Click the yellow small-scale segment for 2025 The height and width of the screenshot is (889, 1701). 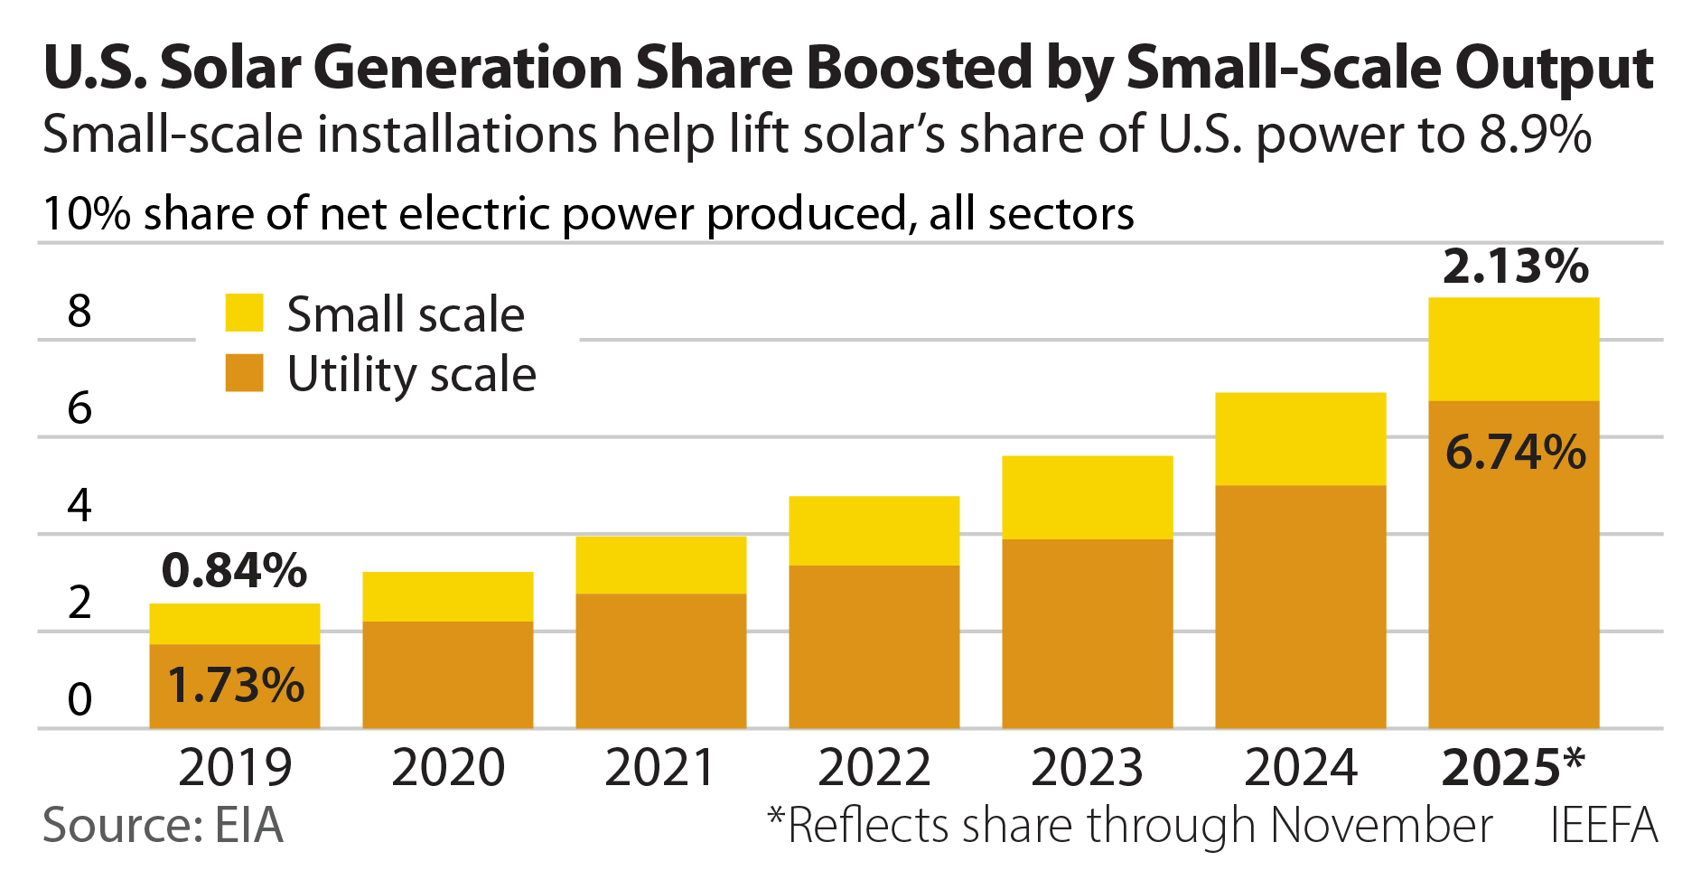(1513, 349)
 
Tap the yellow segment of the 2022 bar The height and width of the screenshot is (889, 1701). (874, 530)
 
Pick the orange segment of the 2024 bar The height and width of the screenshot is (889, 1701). (1300, 606)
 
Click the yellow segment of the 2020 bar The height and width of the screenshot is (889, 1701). (447, 596)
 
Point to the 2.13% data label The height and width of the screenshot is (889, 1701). (1515, 267)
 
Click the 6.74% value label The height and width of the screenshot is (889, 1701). (1515, 452)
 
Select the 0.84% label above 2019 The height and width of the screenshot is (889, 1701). (234, 570)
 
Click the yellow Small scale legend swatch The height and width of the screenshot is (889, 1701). (244, 313)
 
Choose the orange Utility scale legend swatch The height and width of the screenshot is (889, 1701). (244, 372)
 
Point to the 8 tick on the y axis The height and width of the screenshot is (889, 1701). (79, 311)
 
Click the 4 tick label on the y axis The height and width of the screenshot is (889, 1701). (79, 505)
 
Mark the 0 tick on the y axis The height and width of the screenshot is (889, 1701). (79, 699)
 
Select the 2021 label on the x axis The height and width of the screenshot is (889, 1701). (660, 768)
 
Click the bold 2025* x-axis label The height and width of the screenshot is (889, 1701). (1513, 768)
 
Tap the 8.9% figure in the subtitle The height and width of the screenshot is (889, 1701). (1535, 135)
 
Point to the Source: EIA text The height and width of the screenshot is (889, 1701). (163, 825)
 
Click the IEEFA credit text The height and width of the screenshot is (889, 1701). (1603, 825)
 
